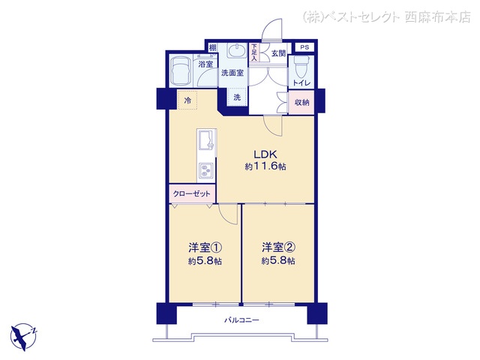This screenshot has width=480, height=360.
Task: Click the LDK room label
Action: [x=265, y=154]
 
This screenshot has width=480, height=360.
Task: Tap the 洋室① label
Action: [x=205, y=247]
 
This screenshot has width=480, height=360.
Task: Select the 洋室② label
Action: [x=278, y=247]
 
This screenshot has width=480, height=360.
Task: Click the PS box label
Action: [x=304, y=47]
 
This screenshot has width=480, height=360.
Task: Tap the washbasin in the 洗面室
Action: [x=237, y=51]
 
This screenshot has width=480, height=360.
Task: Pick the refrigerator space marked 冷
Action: [x=187, y=100]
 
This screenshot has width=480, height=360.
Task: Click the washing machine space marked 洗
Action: [x=237, y=97]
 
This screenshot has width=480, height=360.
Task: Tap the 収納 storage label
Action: [x=301, y=102]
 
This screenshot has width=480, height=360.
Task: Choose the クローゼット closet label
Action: [x=192, y=193]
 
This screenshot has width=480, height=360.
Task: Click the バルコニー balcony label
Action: [x=241, y=320]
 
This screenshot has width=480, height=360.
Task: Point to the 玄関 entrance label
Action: [x=278, y=53]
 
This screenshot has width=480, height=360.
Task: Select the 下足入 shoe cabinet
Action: [x=253, y=52]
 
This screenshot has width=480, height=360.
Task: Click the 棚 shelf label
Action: [x=212, y=48]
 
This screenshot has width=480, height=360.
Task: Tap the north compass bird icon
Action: [x=23, y=337]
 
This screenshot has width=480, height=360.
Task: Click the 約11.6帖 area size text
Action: [x=265, y=166]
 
